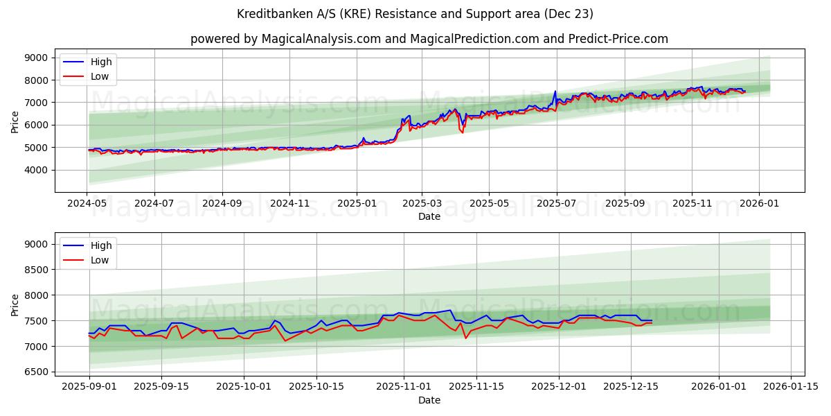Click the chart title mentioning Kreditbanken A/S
click(x=415, y=14)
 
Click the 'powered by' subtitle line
click(x=429, y=39)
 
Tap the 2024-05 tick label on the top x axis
click(x=87, y=205)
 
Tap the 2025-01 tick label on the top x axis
click(x=357, y=205)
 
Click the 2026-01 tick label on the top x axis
click(x=759, y=205)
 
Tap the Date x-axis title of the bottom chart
click(x=429, y=400)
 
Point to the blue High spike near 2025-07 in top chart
click(x=555, y=92)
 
